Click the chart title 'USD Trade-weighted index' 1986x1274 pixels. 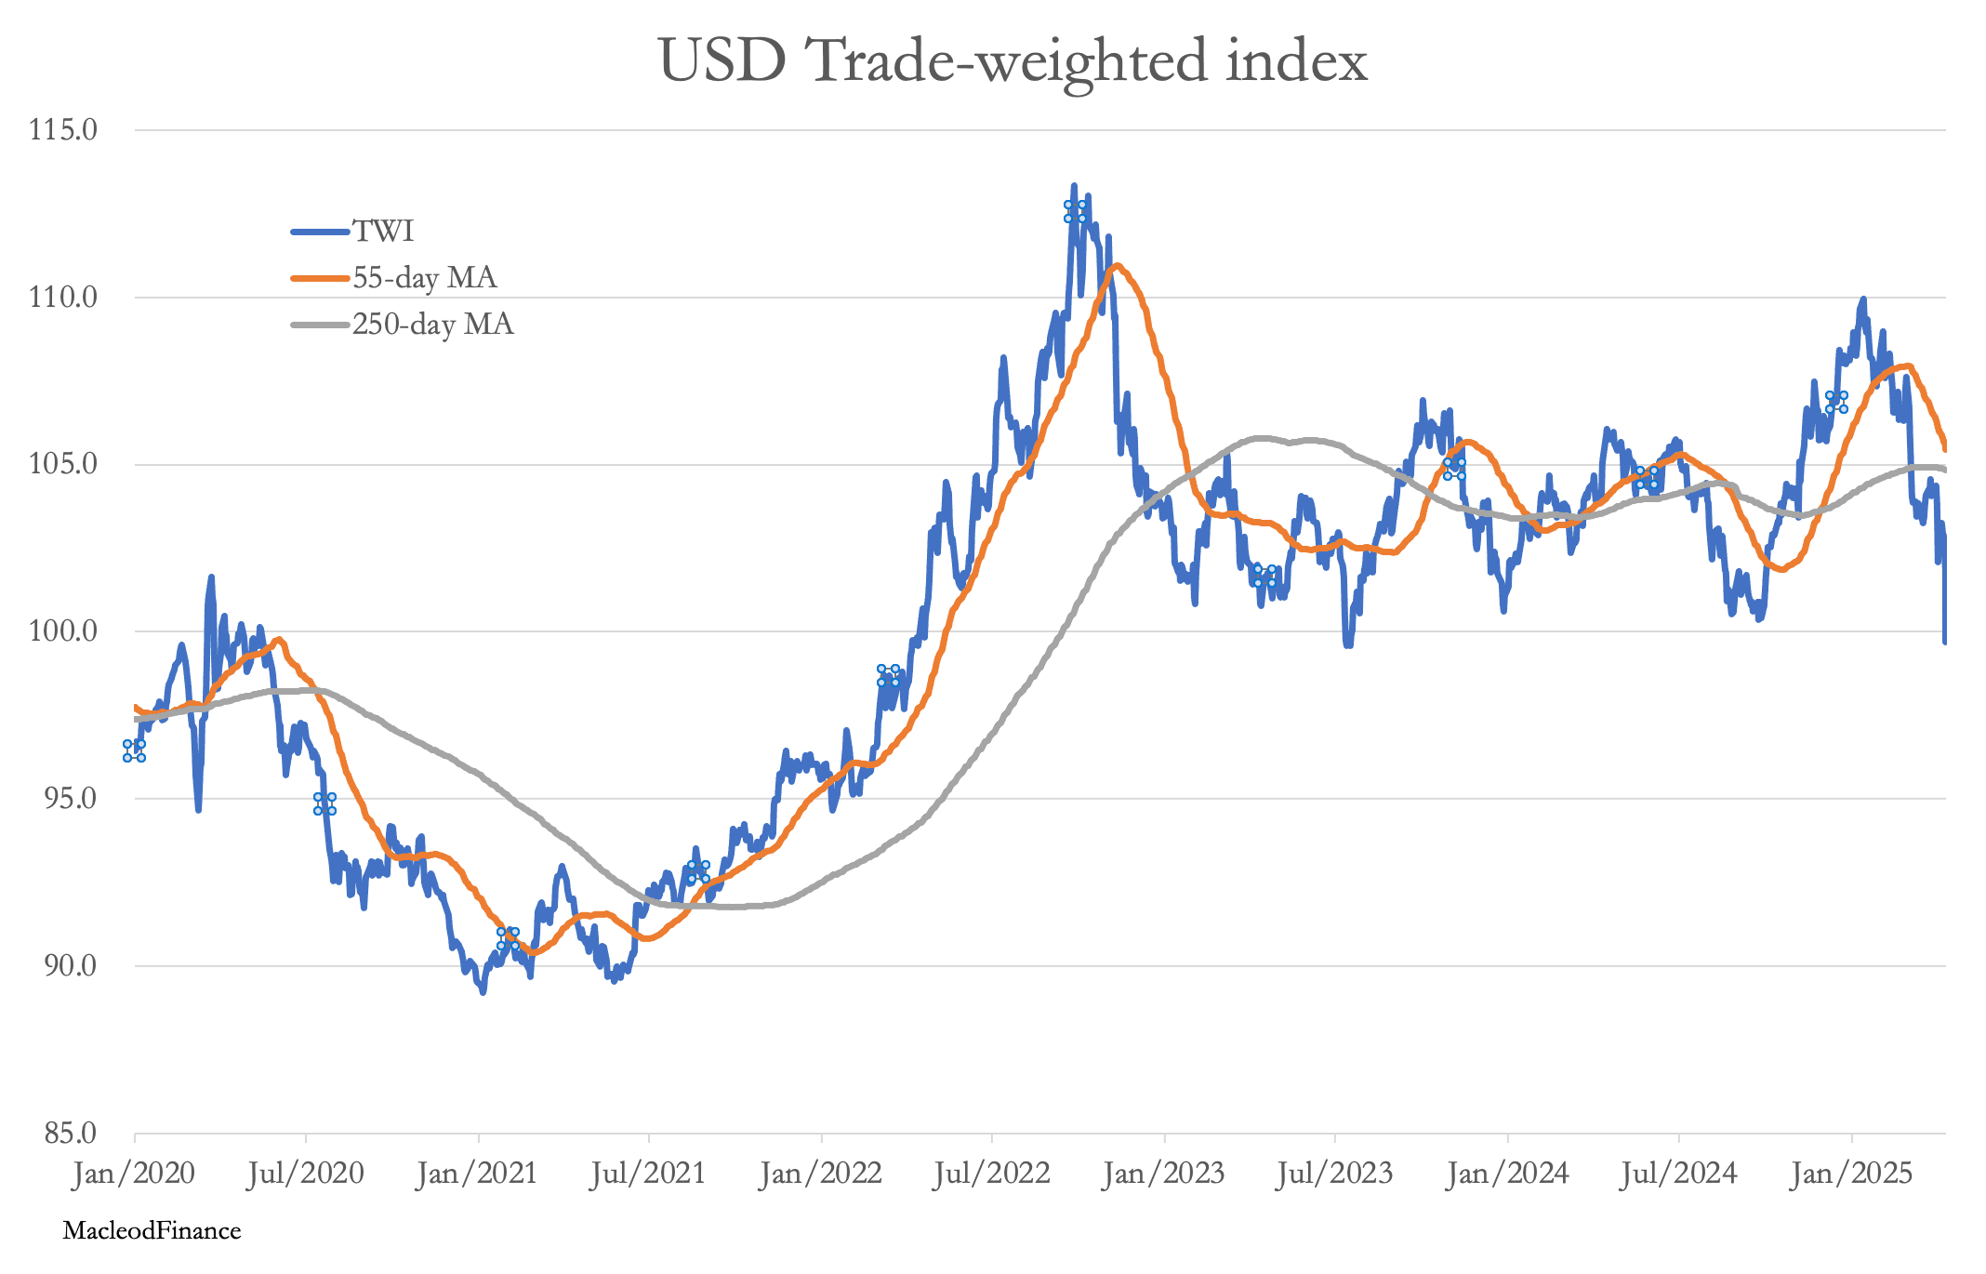coord(1013,62)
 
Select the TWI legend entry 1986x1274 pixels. coord(352,231)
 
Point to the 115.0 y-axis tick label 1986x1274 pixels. coord(63,129)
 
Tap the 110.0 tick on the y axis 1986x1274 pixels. coord(63,298)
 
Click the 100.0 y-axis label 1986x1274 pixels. coord(63,631)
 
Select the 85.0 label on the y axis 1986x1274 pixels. coord(63,1133)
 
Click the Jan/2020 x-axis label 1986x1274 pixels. coord(134,1174)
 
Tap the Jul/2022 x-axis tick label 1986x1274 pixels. coord(992,1174)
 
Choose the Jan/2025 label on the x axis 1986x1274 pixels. coord(1851,1174)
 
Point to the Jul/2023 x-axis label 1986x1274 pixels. coord(1335,1174)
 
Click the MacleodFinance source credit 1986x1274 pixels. coord(152,1231)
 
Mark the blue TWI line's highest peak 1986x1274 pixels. coord(1074,186)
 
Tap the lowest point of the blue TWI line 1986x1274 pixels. coord(483,992)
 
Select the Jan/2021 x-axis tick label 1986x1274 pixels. coord(478,1174)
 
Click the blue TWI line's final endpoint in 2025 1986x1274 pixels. coord(1944,642)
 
